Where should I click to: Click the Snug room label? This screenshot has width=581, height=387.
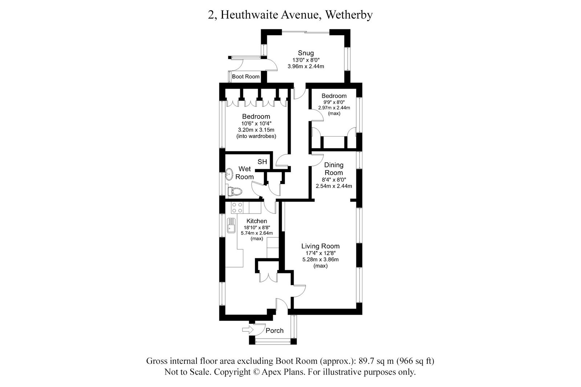(306, 53)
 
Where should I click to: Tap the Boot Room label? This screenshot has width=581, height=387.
(246, 77)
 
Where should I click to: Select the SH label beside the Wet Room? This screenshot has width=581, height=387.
(262, 162)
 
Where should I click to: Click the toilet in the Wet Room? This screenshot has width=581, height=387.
(234, 191)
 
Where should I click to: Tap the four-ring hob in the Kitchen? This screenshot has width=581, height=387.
(237, 208)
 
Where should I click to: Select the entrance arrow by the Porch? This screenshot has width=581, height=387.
(248, 330)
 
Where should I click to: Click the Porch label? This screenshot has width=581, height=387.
(275, 331)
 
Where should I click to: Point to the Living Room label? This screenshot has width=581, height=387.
(320, 246)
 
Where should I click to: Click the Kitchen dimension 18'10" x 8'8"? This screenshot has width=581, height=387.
(257, 227)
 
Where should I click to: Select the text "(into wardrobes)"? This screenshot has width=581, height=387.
(256, 137)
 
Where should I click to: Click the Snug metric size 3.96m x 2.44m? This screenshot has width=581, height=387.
(306, 66)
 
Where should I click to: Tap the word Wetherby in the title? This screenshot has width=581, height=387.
(349, 15)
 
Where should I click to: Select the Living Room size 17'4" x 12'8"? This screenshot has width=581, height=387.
(320, 253)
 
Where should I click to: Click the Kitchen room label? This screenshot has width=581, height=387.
(257, 221)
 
